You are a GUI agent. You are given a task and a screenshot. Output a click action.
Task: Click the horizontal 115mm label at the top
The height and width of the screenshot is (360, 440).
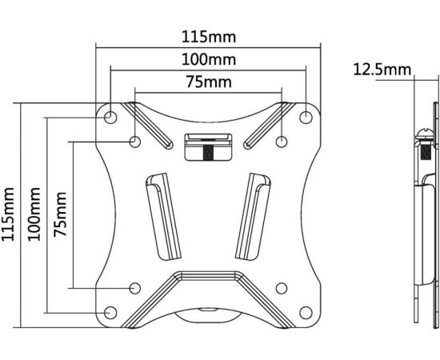point(209,37)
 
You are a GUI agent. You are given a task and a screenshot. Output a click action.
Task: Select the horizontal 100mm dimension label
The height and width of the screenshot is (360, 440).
point(209,59)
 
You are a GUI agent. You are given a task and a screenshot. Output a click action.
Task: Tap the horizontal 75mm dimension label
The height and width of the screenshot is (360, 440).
point(209,82)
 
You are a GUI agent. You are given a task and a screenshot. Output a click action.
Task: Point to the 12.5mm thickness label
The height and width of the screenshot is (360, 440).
point(382,70)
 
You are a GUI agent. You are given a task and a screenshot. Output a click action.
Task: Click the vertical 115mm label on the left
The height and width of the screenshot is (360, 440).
point(8,214)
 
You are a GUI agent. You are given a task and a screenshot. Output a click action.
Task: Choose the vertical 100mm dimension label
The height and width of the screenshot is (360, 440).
point(34,214)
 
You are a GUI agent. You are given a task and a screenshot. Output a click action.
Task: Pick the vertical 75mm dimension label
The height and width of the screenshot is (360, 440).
point(60,214)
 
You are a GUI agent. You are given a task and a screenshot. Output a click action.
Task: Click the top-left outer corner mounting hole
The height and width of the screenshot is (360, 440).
point(110,117)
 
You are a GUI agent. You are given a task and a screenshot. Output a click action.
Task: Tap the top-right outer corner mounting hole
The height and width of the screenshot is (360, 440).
point(306,117)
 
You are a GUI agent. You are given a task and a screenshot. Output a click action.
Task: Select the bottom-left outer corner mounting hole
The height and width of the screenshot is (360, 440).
point(110,312)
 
